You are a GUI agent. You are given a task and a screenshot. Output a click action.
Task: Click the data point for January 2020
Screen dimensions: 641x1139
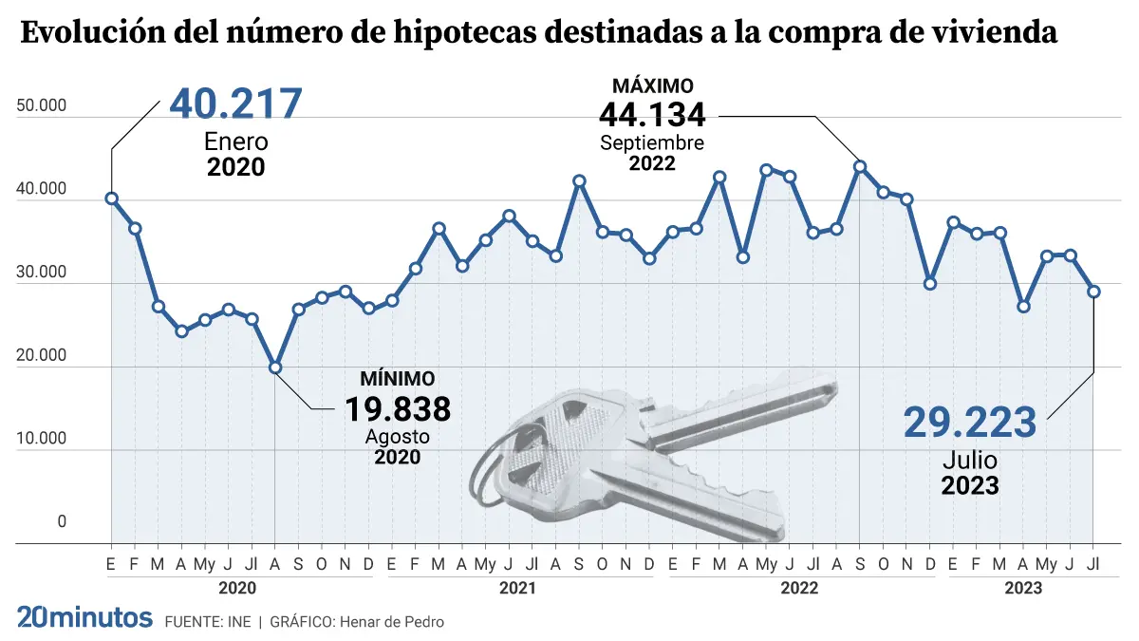click(x=111, y=198)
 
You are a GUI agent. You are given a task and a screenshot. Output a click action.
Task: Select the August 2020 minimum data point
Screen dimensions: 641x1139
click(x=275, y=368)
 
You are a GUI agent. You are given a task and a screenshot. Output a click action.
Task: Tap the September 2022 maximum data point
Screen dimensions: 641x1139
click(x=860, y=166)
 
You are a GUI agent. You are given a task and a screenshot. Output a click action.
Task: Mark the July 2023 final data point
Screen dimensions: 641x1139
click(x=1093, y=292)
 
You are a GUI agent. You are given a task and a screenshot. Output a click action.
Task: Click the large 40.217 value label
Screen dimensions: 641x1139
click(x=235, y=104)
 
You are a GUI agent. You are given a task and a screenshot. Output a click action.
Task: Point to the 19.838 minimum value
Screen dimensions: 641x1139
click(x=397, y=410)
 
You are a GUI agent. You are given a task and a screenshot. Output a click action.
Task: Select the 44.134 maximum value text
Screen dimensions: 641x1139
click(x=652, y=116)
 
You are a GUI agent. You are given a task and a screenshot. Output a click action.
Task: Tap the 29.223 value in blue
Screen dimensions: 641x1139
click(x=969, y=423)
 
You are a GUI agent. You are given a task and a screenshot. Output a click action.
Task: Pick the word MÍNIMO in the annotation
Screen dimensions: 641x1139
click(x=397, y=379)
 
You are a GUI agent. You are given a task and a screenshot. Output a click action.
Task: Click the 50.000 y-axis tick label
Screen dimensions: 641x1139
click(x=42, y=105)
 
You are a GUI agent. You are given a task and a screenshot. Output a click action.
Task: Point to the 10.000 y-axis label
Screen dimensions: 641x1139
click(x=42, y=439)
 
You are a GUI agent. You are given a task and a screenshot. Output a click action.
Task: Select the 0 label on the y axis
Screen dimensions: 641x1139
click(x=62, y=521)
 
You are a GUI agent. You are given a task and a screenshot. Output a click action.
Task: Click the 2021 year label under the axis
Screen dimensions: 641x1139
click(x=517, y=588)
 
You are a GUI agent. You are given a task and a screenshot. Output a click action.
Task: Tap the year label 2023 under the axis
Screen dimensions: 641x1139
click(x=1023, y=588)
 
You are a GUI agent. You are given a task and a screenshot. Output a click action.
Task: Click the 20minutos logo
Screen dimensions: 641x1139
click(x=84, y=618)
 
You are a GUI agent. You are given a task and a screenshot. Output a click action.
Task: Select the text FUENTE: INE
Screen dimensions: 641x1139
click(x=208, y=622)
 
